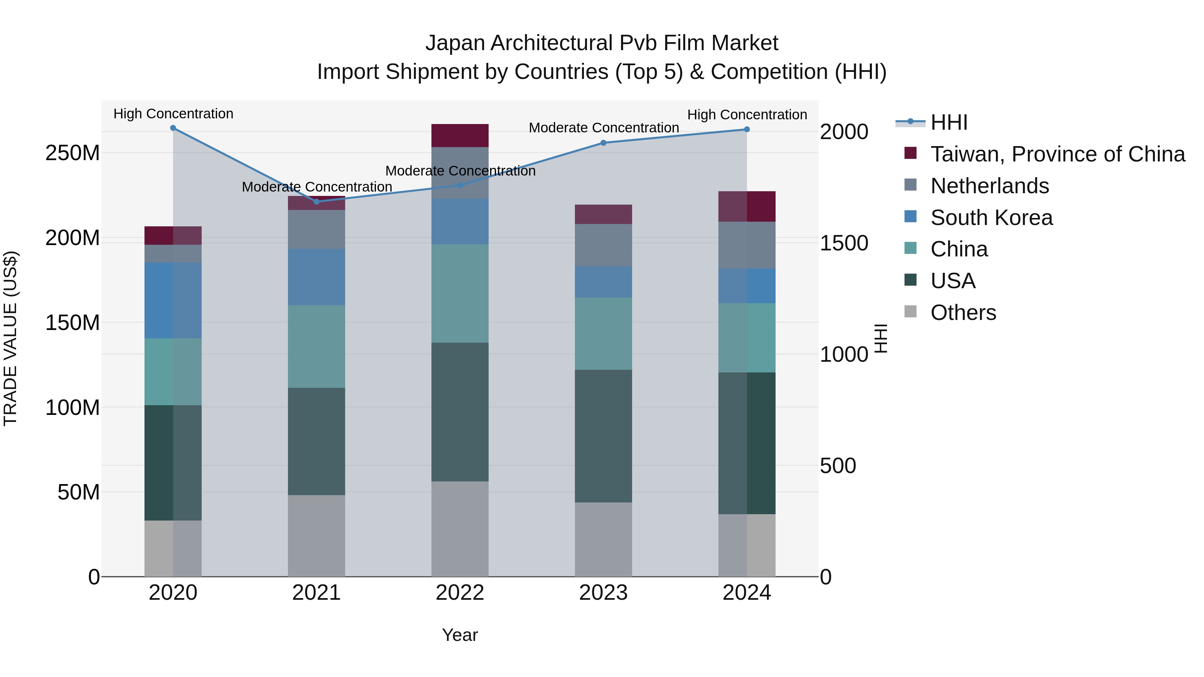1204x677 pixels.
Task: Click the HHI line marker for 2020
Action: pyautogui.click(x=173, y=128)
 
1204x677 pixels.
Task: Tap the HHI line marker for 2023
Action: pyautogui.click(x=603, y=143)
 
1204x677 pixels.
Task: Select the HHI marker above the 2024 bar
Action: pyautogui.click(x=747, y=129)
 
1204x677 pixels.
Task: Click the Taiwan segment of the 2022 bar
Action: pyautogui.click(x=460, y=135)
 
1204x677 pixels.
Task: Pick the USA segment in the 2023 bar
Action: pyautogui.click(x=603, y=436)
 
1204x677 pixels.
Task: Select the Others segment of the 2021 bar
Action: pyautogui.click(x=316, y=536)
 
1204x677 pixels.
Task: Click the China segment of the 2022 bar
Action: pyautogui.click(x=460, y=294)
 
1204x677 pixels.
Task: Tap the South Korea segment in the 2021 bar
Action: pyautogui.click(x=316, y=277)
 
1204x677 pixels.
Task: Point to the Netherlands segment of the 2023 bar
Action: pyautogui.click(x=603, y=245)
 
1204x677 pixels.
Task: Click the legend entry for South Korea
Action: pyautogui.click(x=991, y=218)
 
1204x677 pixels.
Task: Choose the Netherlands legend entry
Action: pyautogui.click(x=990, y=186)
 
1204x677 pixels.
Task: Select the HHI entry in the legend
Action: pyautogui.click(x=949, y=122)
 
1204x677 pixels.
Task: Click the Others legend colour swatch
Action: pyautogui.click(x=910, y=312)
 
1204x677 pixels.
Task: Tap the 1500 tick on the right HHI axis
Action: pyautogui.click(x=844, y=243)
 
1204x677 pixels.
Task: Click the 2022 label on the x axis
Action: pyautogui.click(x=460, y=593)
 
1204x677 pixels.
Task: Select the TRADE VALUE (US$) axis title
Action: pyautogui.click(x=10, y=338)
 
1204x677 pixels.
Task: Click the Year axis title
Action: pyautogui.click(x=460, y=635)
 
